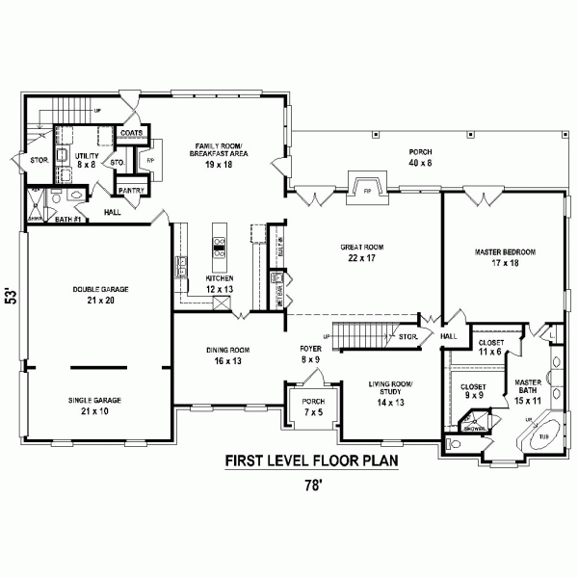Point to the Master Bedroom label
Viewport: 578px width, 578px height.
pyautogui.click(x=504, y=257)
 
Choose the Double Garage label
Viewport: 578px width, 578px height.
pyautogui.click(x=100, y=294)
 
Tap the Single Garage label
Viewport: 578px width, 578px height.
pyautogui.click(x=100, y=405)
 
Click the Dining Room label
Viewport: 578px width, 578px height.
pyautogui.click(x=227, y=355)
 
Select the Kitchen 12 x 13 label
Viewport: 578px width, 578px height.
pyautogui.click(x=220, y=283)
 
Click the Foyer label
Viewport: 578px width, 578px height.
pyautogui.click(x=309, y=354)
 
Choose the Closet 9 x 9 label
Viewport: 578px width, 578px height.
pyautogui.click(x=472, y=391)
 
